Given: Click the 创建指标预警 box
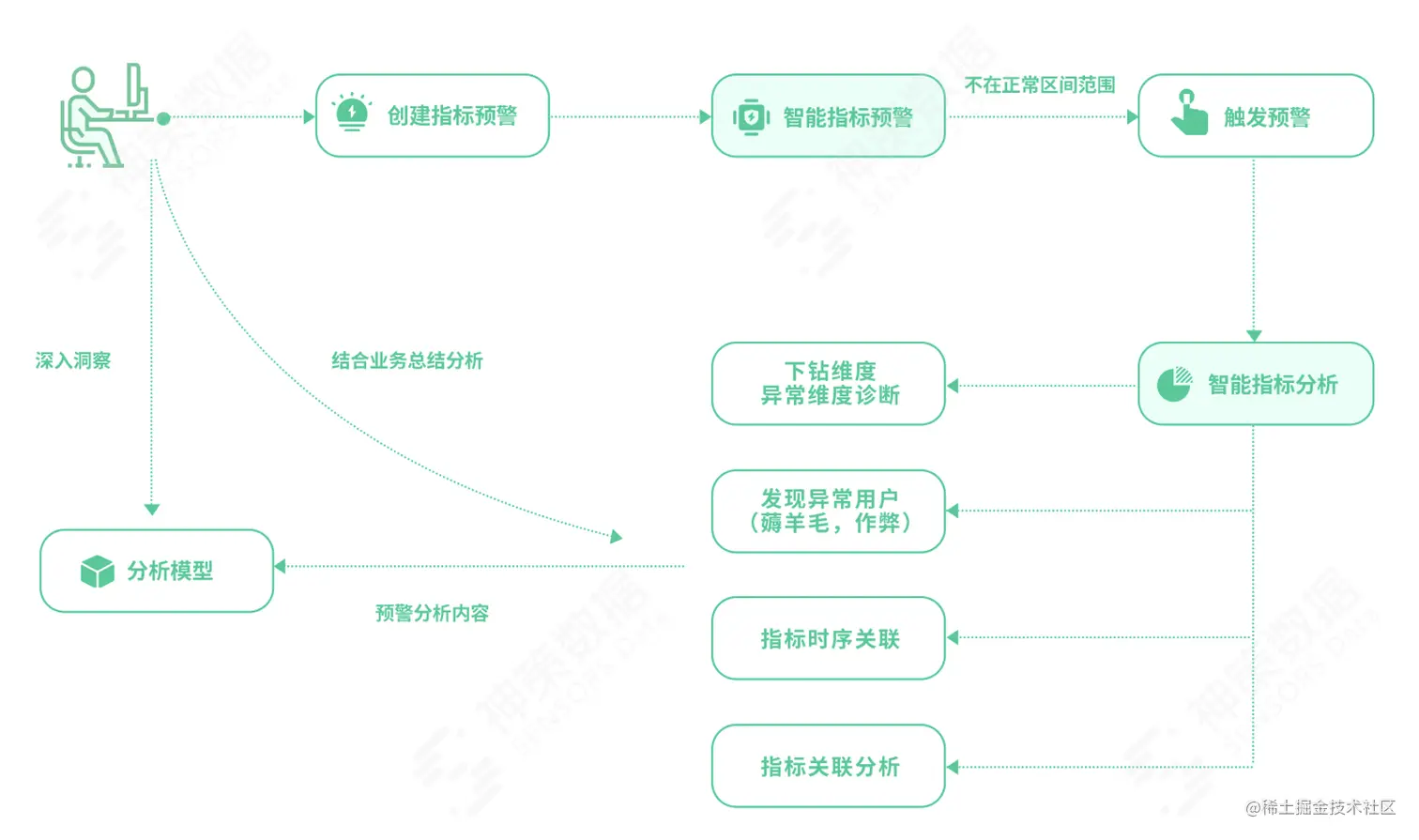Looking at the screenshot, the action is [x=432, y=115].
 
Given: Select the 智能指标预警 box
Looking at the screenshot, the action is [x=828, y=116].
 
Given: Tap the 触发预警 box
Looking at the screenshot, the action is [x=1255, y=116].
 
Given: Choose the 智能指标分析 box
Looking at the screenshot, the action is [x=1255, y=384].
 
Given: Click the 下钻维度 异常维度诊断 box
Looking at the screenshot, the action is [x=828, y=384].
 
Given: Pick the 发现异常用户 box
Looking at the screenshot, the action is [x=828, y=512].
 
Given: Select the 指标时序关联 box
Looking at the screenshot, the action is [x=828, y=638].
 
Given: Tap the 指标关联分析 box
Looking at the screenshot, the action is [x=828, y=766].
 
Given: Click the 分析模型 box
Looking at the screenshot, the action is [x=157, y=571].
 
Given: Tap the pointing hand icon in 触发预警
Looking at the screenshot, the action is [x=1189, y=113].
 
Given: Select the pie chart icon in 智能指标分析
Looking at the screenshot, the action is [x=1173, y=383].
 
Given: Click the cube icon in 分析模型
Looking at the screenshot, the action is [x=98, y=571].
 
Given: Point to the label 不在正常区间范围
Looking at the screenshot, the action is [x=1040, y=85].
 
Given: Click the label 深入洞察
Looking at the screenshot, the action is [x=73, y=361].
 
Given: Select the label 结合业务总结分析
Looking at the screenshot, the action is [x=407, y=361].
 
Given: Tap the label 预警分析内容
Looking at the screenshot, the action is [x=432, y=614].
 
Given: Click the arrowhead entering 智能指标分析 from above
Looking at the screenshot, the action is [x=1254, y=335].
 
